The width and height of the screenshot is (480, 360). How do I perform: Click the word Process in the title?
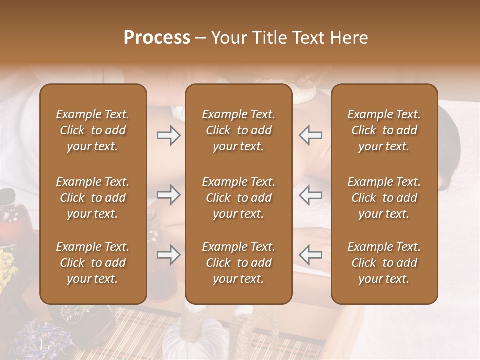157,38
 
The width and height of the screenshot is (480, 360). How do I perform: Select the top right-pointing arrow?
169,135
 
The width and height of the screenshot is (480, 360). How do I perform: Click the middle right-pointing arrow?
169,195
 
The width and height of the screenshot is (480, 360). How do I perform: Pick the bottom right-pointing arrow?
169,255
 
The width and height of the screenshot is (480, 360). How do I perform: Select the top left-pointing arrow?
310,135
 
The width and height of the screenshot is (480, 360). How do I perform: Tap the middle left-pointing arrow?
310,195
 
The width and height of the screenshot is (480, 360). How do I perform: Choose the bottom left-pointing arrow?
310,255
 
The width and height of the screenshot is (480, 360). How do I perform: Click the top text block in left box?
93,130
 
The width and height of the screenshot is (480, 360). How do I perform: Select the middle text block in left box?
93,198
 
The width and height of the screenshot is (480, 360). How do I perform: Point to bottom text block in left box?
93,263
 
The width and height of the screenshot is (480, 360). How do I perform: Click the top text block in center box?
238,130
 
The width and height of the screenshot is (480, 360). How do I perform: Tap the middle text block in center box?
238,198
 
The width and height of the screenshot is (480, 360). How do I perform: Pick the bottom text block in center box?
238,263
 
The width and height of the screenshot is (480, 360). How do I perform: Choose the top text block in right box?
384,130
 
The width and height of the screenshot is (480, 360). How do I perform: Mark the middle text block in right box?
384,198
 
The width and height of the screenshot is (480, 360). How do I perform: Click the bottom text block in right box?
384,263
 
